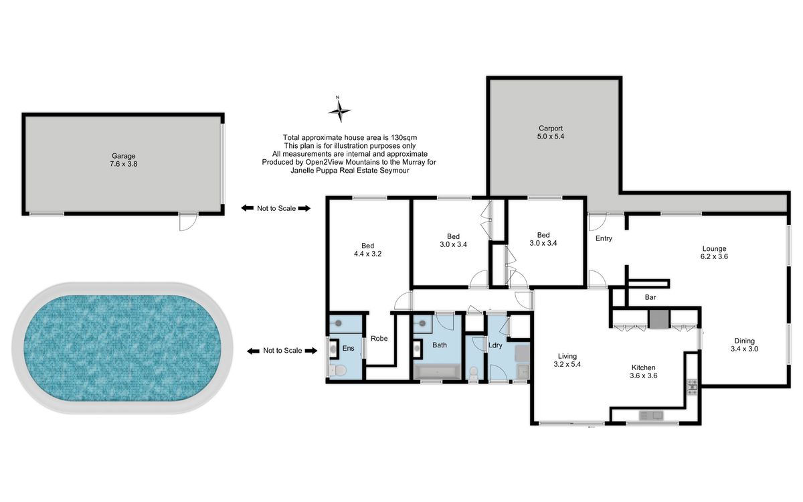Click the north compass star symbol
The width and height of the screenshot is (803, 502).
(x=339, y=110)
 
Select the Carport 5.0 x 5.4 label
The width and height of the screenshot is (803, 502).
(x=551, y=133)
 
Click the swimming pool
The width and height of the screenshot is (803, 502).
(x=122, y=348)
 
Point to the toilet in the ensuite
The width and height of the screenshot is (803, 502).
(x=337, y=369)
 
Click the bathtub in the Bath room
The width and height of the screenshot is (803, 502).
(x=437, y=371)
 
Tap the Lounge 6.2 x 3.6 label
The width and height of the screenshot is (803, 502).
(x=714, y=252)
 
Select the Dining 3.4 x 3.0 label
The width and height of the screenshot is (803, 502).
(x=744, y=345)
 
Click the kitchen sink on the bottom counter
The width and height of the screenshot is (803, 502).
(x=651, y=416)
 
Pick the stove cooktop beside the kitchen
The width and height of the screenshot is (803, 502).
(x=692, y=388)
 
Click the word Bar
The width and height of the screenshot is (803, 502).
(x=650, y=297)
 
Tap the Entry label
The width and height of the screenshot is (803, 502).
(x=604, y=238)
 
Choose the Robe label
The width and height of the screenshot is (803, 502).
(x=379, y=339)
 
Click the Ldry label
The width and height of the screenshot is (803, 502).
(x=495, y=345)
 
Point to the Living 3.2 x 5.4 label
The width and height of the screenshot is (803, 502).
(x=567, y=360)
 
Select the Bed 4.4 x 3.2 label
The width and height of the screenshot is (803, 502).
(x=367, y=250)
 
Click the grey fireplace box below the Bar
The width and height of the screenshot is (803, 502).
(x=659, y=319)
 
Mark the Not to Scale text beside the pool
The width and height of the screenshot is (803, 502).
(x=282, y=351)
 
